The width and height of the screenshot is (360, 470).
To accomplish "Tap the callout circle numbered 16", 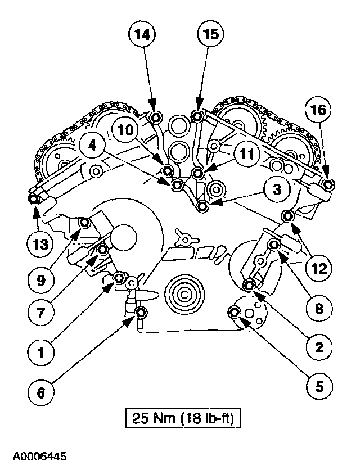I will coord(318,110).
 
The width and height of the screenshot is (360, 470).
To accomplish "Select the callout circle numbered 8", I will coord(318,308).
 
